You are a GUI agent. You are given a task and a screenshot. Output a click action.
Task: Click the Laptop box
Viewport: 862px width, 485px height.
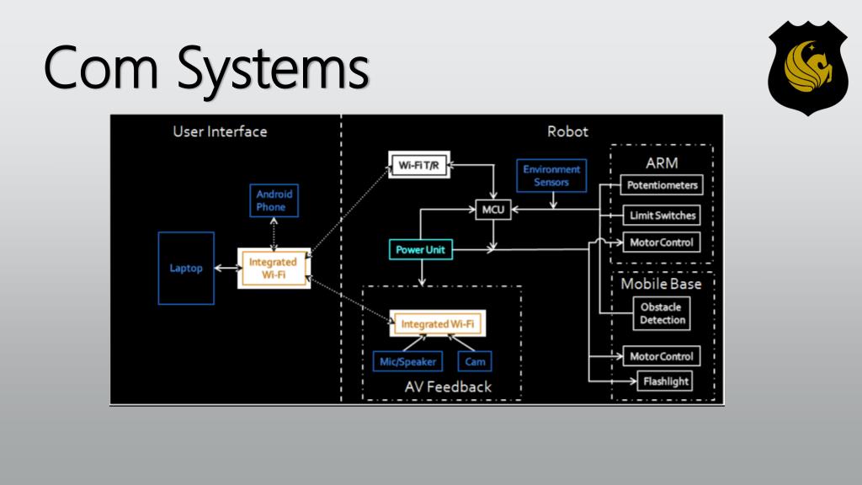(x=186, y=268)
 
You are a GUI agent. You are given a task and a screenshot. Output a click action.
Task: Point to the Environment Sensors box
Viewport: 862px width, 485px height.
(x=551, y=175)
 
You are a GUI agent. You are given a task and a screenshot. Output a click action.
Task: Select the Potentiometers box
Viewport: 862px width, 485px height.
(x=662, y=184)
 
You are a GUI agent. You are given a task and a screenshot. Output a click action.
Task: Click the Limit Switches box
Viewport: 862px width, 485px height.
(x=662, y=216)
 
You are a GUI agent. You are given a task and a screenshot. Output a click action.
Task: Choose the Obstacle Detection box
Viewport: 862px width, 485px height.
(x=662, y=313)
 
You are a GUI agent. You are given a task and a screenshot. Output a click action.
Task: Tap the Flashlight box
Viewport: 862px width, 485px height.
(x=666, y=381)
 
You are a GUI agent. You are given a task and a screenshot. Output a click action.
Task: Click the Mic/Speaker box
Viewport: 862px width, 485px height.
(x=407, y=361)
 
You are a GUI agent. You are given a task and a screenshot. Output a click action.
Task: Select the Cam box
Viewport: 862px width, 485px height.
(x=476, y=361)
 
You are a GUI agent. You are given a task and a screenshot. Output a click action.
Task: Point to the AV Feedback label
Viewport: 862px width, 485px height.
(x=448, y=386)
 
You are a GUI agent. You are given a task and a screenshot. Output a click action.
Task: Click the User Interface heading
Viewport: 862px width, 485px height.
(x=220, y=131)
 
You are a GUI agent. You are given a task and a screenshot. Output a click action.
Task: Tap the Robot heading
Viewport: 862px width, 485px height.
(x=567, y=131)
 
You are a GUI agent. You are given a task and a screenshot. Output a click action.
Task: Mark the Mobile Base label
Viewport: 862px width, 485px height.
(x=661, y=284)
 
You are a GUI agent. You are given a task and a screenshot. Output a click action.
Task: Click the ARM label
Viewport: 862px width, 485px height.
(x=662, y=162)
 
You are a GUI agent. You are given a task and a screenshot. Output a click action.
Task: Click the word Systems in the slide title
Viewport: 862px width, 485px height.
(x=273, y=69)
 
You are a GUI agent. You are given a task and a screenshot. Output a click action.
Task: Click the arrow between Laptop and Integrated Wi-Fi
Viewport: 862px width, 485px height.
(x=226, y=269)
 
